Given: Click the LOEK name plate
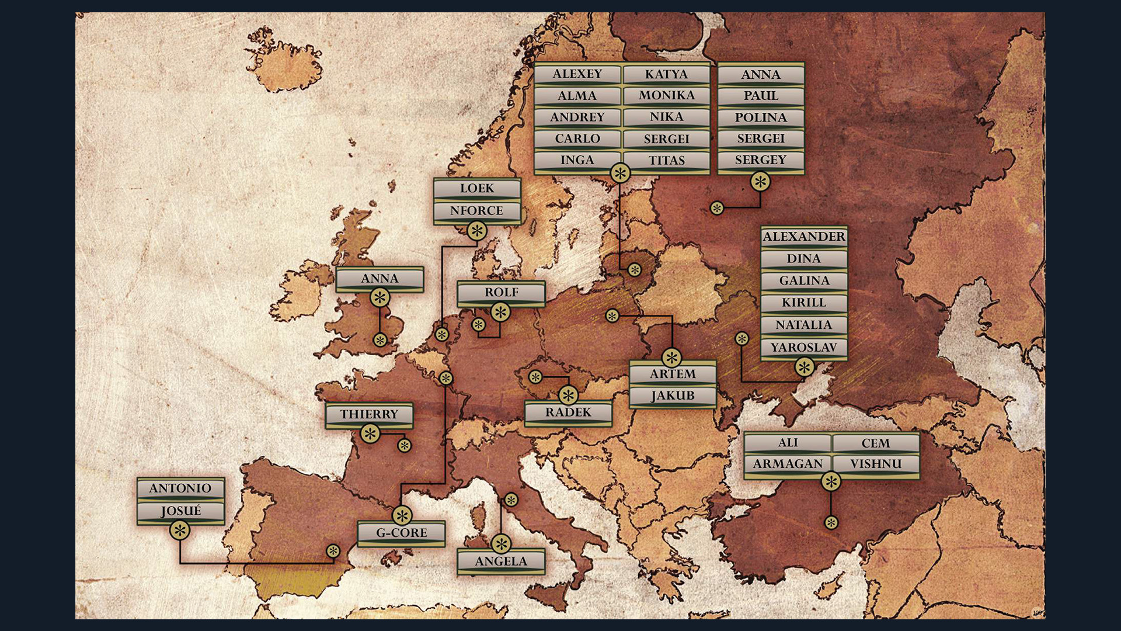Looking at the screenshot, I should click(477, 189).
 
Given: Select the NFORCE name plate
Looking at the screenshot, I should click(477, 210).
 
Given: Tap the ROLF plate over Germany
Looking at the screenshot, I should click(501, 292).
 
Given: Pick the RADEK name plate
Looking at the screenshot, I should click(568, 412).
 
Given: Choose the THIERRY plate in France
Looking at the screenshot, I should click(369, 414).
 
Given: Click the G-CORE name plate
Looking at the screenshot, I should click(401, 533).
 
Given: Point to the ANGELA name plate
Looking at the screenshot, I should click(501, 561).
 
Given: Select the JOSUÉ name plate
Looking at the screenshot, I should click(180, 511).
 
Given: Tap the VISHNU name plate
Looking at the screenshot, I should click(876, 464).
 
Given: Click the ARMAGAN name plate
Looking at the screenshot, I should click(788, 464).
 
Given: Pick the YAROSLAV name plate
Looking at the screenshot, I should click(804, 348).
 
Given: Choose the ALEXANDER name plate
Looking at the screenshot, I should click(804, 237).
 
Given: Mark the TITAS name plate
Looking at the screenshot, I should click(666, 161).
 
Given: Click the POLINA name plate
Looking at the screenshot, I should click(761, 117).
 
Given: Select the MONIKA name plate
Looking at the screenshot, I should click(666, 95).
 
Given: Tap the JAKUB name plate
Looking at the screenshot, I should click(673, 396).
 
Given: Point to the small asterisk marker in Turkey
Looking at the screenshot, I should click(831, 523).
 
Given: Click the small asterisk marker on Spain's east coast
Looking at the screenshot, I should click(333, 551).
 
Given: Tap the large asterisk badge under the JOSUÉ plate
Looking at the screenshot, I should click(180, 531).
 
